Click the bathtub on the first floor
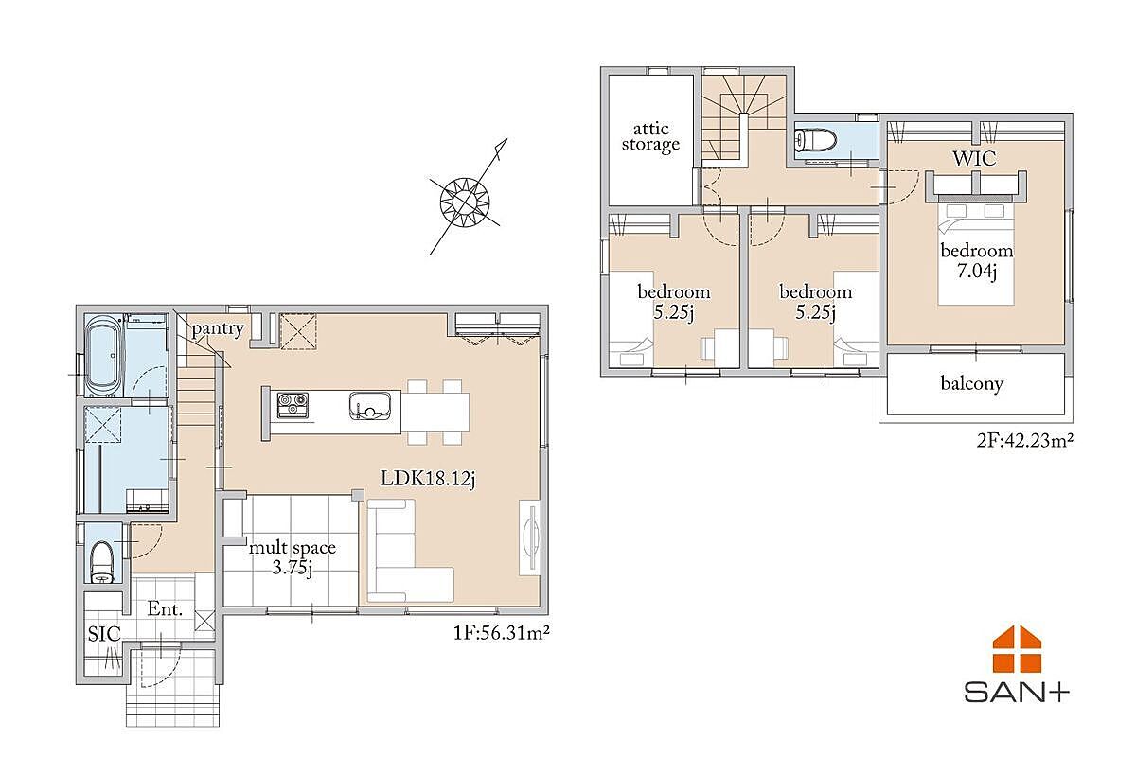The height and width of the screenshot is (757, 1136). (104, 356)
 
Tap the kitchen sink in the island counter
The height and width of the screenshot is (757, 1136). (370, 406)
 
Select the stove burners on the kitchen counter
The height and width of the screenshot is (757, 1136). (293, 406)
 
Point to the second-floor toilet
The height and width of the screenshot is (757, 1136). (816, 139)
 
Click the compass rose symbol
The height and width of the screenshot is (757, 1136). (466, 201)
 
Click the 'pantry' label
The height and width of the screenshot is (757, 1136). (218, 328)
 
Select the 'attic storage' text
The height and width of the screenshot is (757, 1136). (650, 137)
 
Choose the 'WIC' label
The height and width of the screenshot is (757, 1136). (974, 159)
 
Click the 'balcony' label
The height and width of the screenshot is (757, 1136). (971, 383)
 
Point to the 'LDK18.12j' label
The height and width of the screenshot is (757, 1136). (428, 479)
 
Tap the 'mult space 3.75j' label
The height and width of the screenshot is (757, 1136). (293, 557)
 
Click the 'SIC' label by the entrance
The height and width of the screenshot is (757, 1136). (104, 634)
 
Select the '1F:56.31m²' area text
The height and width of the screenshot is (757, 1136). (501, 633)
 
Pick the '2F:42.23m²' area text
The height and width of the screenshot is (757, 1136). (1024, 440)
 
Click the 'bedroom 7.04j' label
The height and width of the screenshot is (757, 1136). (977, 260)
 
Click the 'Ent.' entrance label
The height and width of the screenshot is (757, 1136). (165, 608)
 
